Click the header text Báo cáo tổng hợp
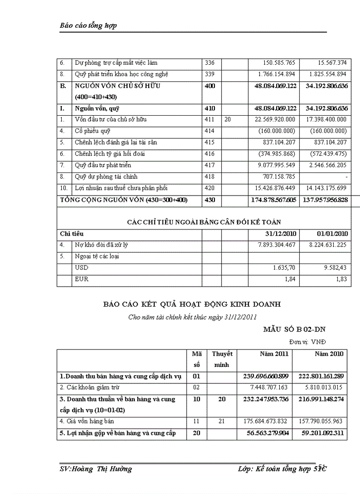click(88, 26)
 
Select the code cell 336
click(210, 63)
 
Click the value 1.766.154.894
click(273, 75)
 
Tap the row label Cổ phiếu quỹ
click(96, 131)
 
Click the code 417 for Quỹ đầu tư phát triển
click(210, 165)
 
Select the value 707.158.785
click(276, 177)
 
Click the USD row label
click(82, 268)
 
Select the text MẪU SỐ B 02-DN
click(295, 329)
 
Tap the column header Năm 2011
click(274, 354)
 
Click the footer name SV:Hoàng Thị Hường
click(96, 469)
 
